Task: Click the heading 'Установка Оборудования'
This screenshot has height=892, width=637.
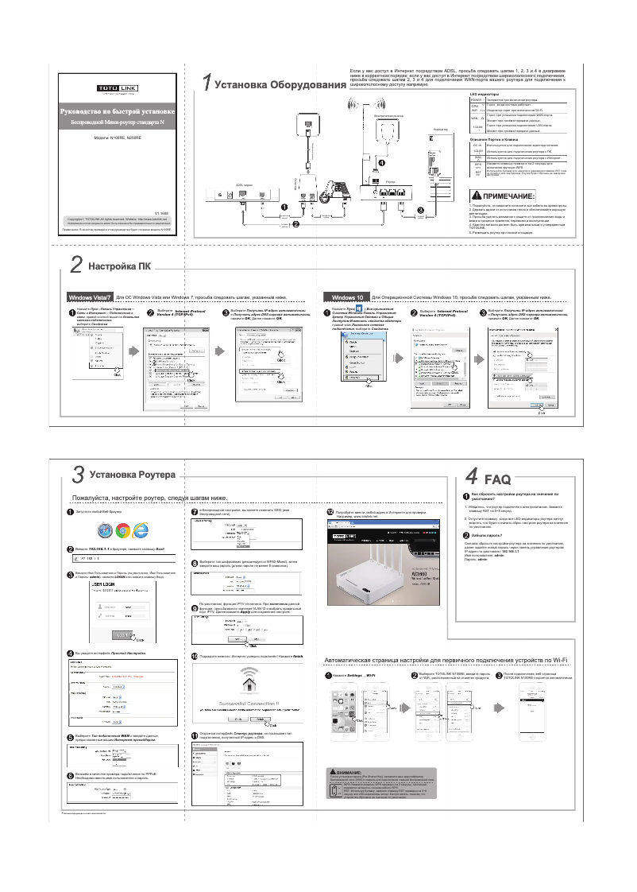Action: pos(275,84)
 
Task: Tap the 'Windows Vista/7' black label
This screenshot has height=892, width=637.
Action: pos(91,297)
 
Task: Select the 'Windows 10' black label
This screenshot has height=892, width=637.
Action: pos(348,297)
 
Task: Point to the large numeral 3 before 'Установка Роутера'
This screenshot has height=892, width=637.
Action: pos(77,475)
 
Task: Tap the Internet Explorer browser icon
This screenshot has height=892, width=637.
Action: pos(142,530)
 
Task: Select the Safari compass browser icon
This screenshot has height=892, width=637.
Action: pos(104,530)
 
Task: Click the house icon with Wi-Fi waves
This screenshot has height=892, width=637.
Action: pos(249,683)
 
